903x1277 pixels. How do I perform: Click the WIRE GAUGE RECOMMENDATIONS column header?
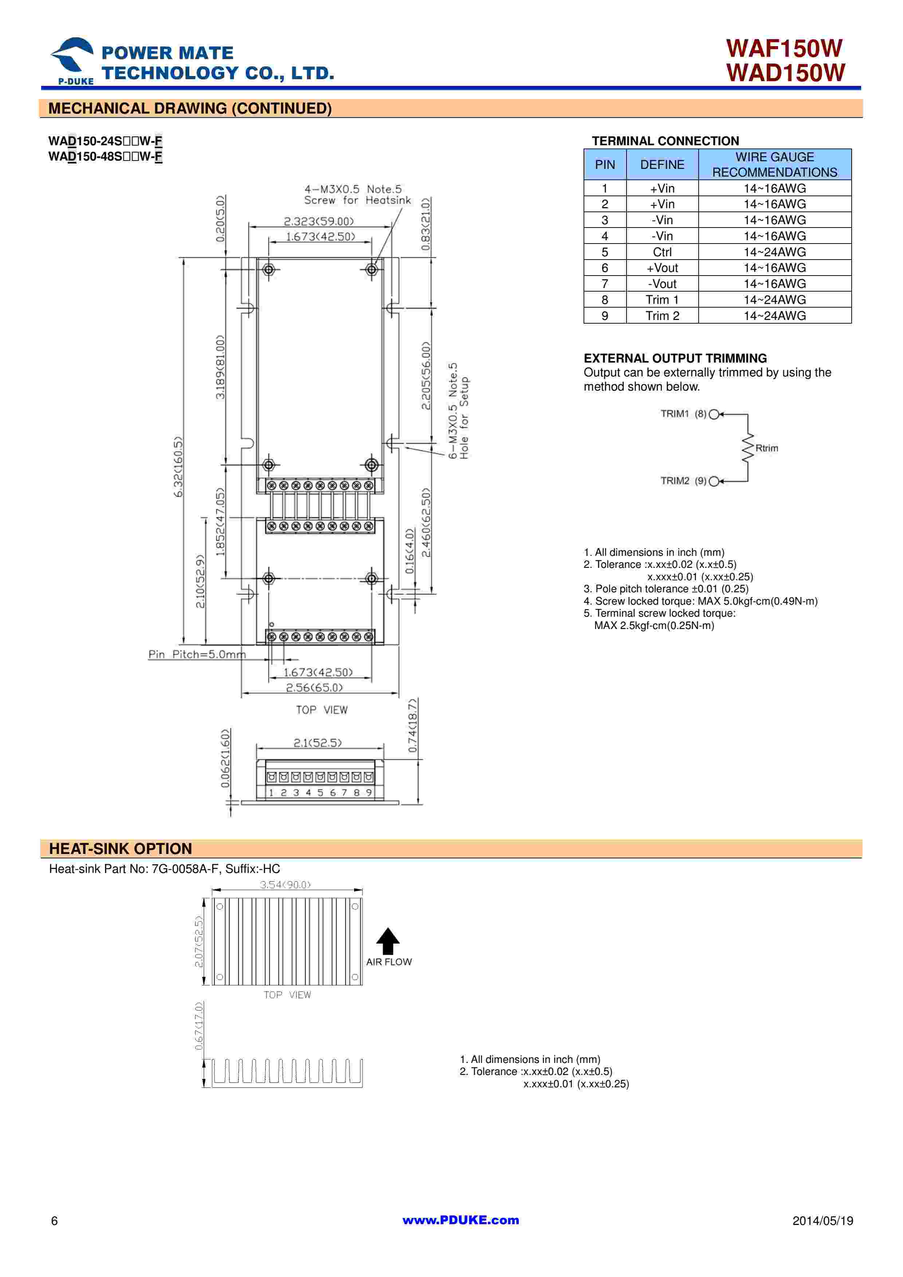click(x=774, y=165)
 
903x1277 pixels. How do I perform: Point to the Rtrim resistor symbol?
click(x=748, y=448)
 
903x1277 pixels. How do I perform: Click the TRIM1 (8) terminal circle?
click(x=714, y=414)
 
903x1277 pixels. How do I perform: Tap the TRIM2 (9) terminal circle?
click(x=714, y=481)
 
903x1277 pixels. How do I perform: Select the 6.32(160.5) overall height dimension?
click(x=178, y=467)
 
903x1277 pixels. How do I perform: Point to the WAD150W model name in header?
click(x=785, y=73)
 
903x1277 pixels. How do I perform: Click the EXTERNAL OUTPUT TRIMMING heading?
click(x=675, y=358)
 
